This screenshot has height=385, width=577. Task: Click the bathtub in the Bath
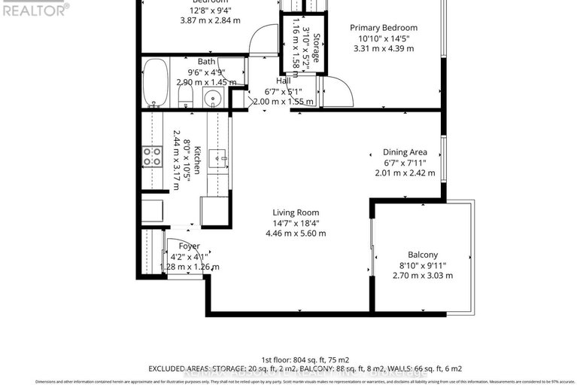[x=156, y=83]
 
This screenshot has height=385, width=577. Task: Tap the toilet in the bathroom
[x=188, y=96]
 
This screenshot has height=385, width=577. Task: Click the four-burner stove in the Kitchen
[x=153, y=156]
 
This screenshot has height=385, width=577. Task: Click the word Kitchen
[x=197, y=160]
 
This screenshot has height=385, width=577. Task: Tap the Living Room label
[x=296, y=212]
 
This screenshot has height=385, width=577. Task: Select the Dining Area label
[x=405, y=151]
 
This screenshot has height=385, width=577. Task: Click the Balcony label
[x=422, y=255]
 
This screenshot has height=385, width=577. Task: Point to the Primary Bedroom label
[x=384, y=28]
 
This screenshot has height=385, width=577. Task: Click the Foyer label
[x=189, y=246]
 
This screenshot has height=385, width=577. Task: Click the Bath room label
[x=206, y=62]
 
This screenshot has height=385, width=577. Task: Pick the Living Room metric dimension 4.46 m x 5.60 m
[x=296, y=234]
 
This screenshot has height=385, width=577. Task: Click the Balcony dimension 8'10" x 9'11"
[x=423, y=265]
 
